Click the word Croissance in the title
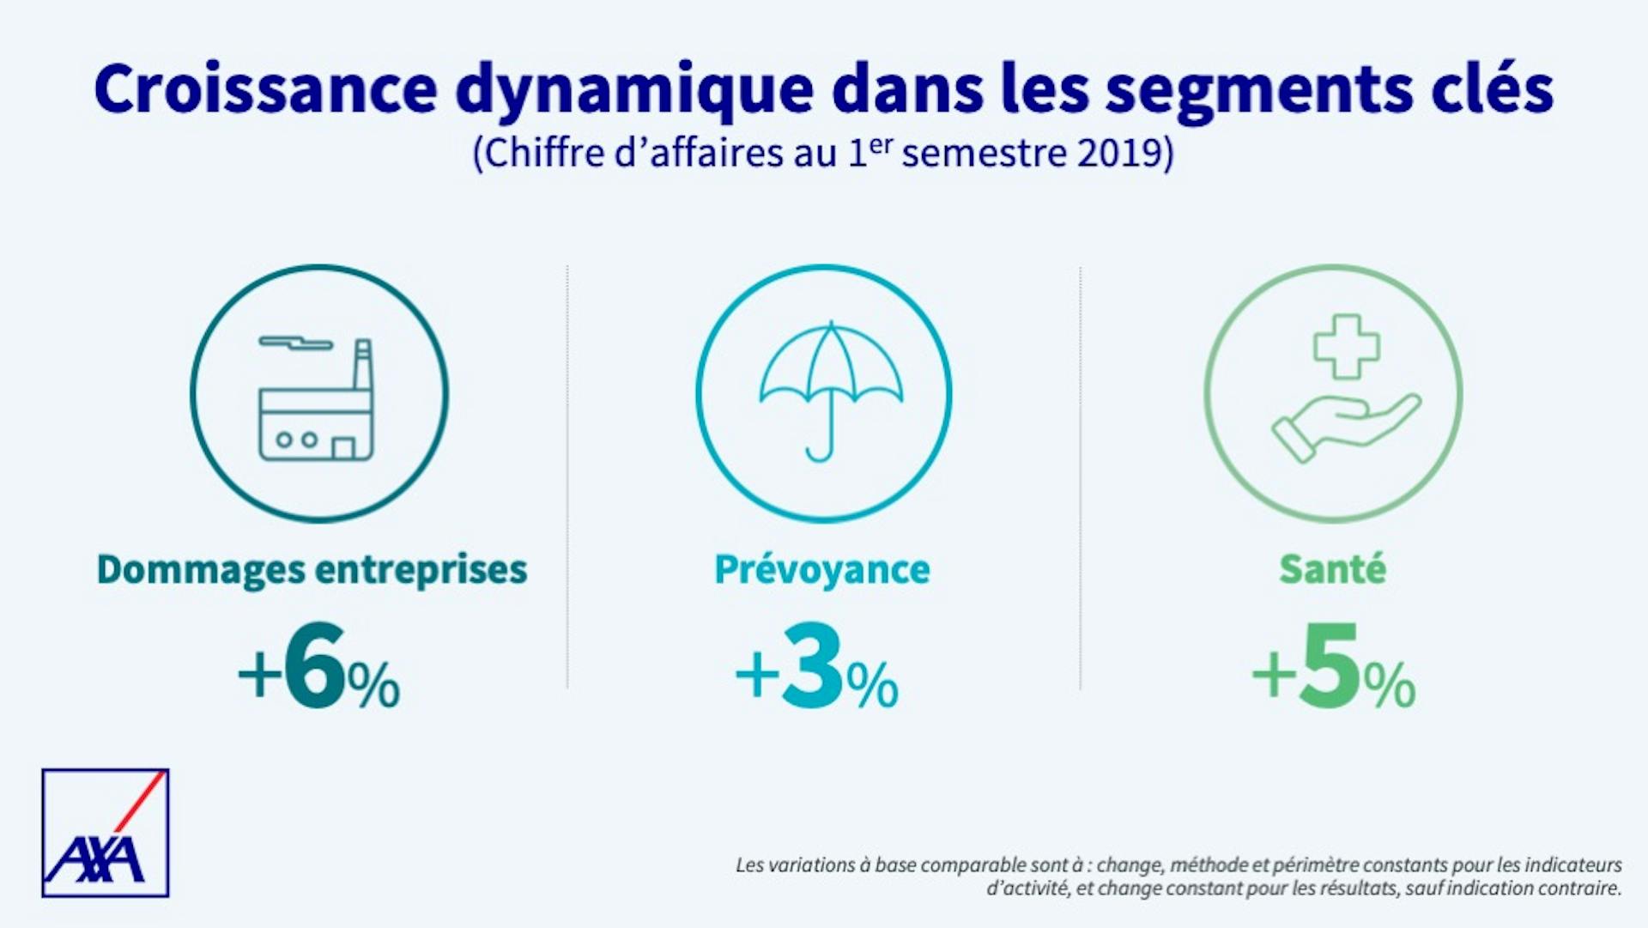click(266, 88)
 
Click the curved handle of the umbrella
click(819, 450)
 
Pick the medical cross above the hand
click(1346, 346)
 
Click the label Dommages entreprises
click(312, 570)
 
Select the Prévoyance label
click(821, 570)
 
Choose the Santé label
click(1332, 570)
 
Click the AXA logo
click(105, 833)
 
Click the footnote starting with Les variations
click(1178, 876)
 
